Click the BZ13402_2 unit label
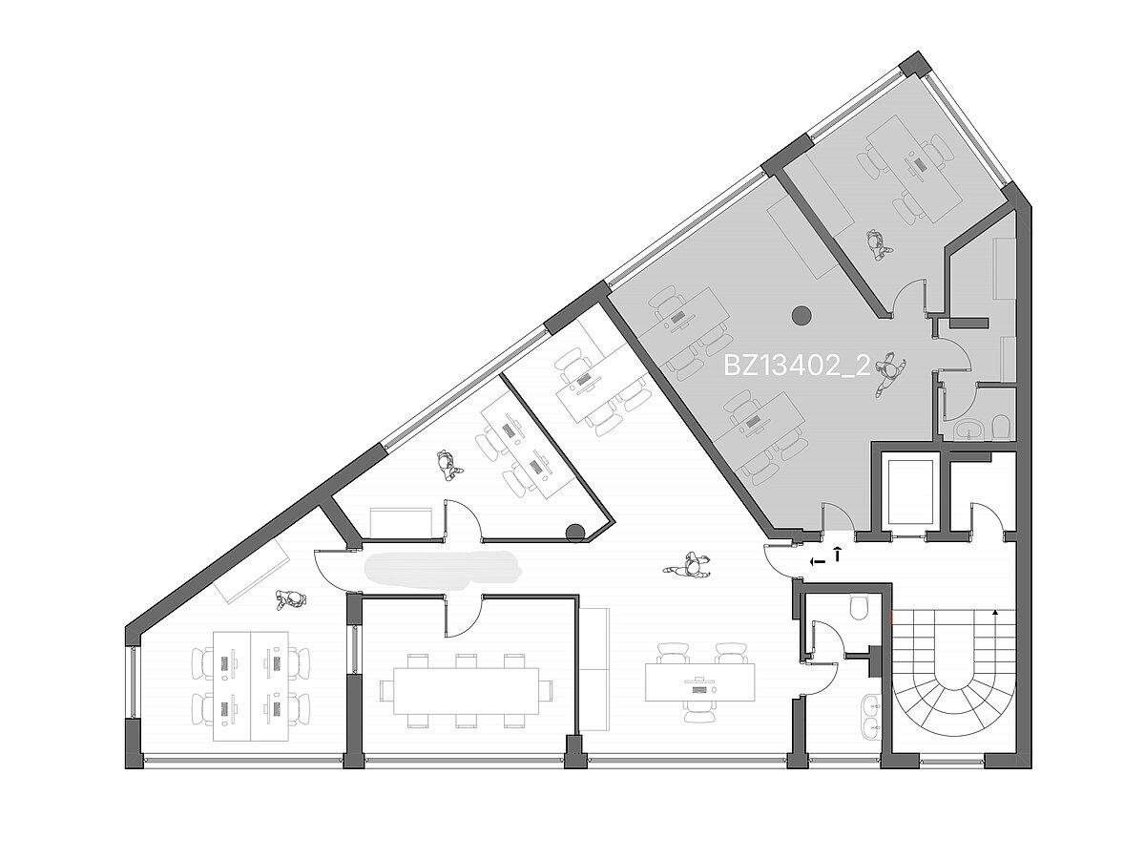coord(798,367)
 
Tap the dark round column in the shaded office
coord(801,315)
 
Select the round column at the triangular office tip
coord(575,533)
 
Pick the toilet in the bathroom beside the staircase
coord(858,607)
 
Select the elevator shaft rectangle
coord(909,492)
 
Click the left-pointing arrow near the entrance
coord(817,562)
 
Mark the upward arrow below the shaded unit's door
coord(837,554)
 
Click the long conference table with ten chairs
coord(466,690)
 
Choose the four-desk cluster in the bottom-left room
coord(251,685)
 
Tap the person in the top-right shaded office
coord(876,244)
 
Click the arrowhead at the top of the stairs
coord(995,613)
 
